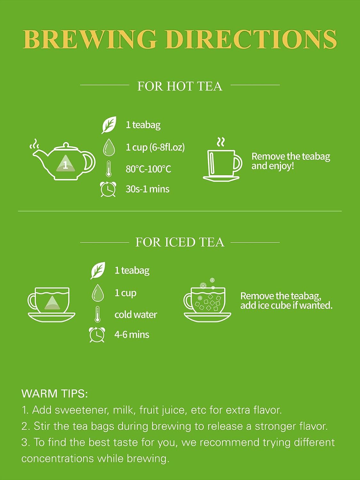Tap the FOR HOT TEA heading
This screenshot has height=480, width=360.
[x=180, y=86]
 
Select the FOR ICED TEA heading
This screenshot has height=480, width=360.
[x=180, y=242]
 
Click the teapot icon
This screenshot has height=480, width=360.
[x=63, y=161]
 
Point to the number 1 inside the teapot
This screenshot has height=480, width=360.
[x=65, y=165]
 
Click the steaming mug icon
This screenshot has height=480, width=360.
[x=222, y=160]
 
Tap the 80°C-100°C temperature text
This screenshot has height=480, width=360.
[x=148, y=169]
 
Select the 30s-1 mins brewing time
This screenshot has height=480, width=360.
[x=148, y=189]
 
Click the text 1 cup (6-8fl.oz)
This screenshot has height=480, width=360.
[x=155, y=148]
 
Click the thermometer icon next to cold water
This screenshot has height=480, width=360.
[x=98, y=314]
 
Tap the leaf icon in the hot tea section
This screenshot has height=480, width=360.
[x=109, y=125]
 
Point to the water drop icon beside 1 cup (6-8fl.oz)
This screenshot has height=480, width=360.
[x=109, y=147]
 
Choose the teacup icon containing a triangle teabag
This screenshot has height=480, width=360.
[x=52, y=305]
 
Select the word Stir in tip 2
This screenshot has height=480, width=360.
[x=41, y=426]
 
